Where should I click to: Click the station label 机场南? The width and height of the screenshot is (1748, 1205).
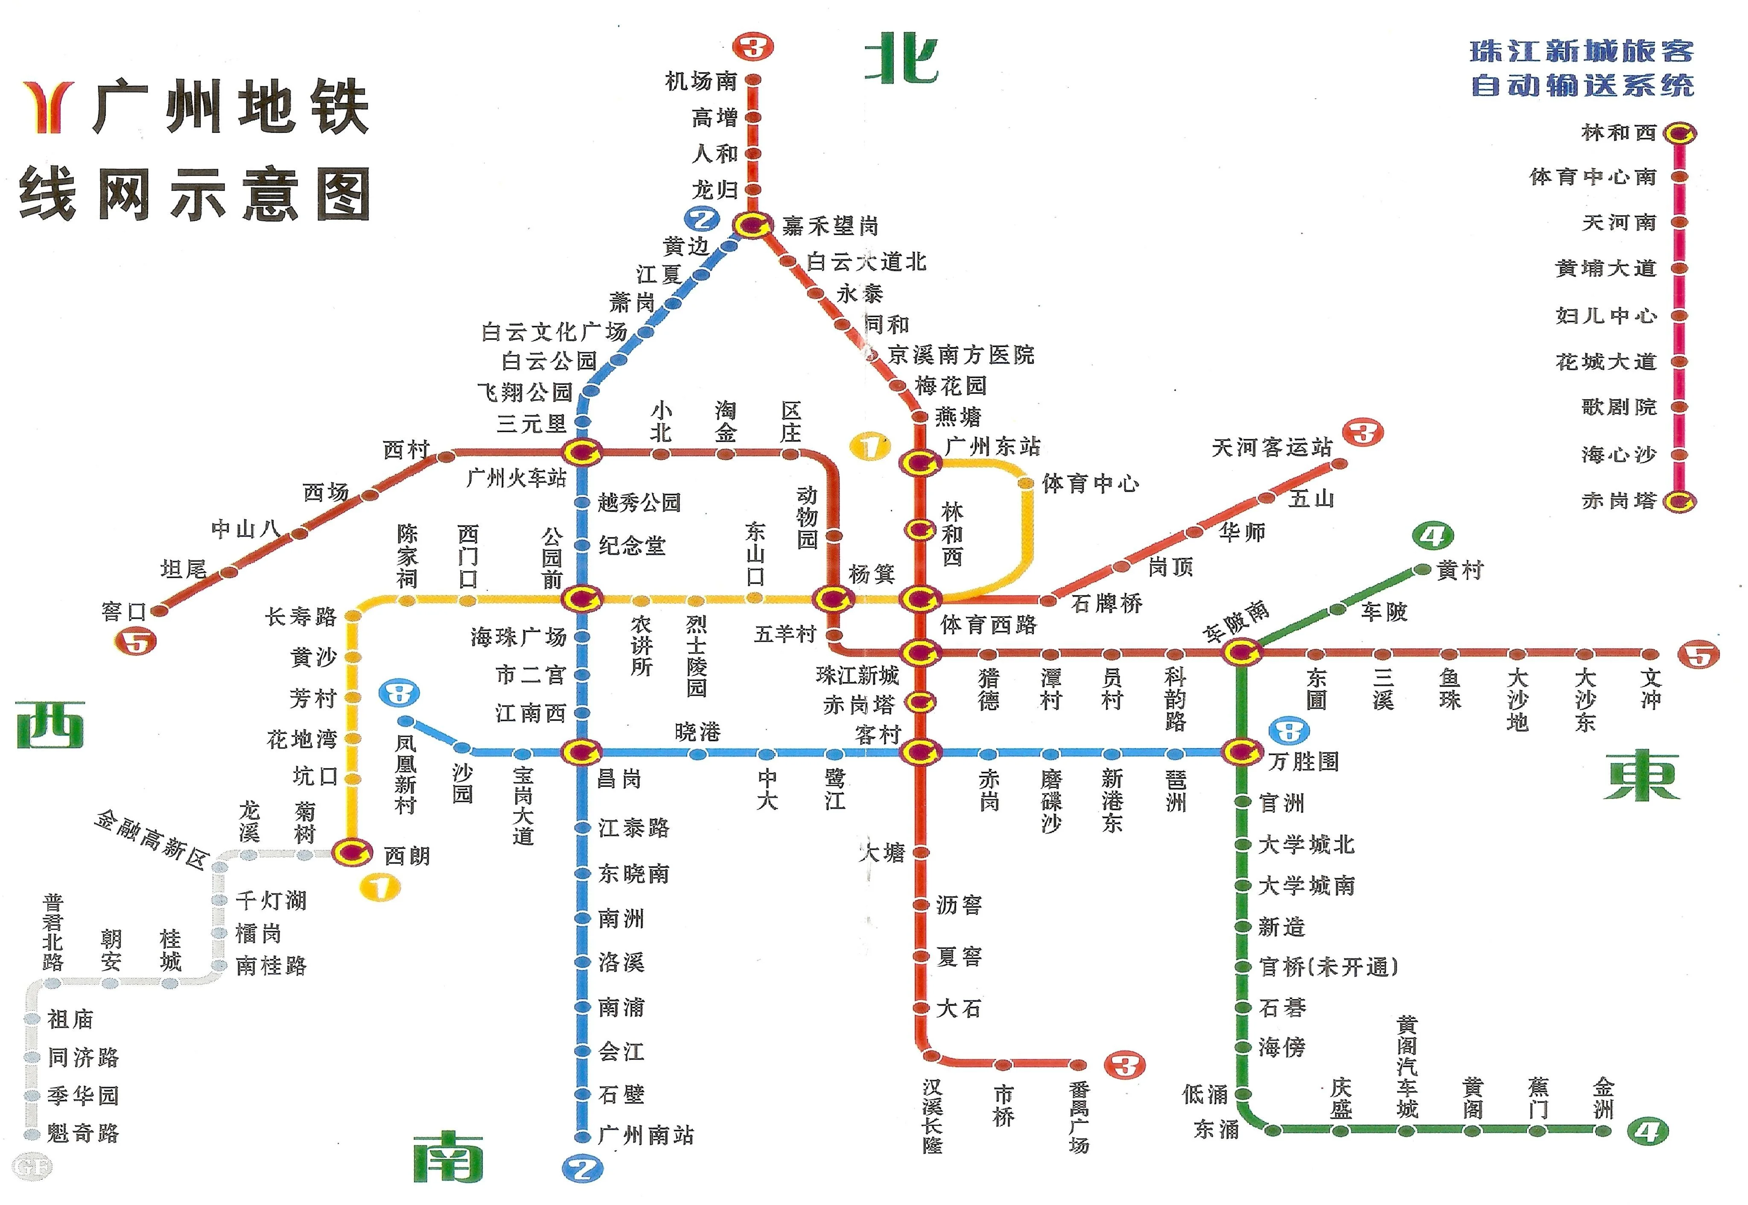pos(700,80)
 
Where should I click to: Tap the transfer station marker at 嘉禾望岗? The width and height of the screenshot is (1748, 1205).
pos(752,225)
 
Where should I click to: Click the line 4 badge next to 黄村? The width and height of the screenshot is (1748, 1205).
pos(1432,537)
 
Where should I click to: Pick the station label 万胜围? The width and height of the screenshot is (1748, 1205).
pos(1304,761)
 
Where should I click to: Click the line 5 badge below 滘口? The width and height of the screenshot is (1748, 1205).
pos(135,643)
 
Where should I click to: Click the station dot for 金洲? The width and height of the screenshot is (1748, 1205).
pos(1602,1130)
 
